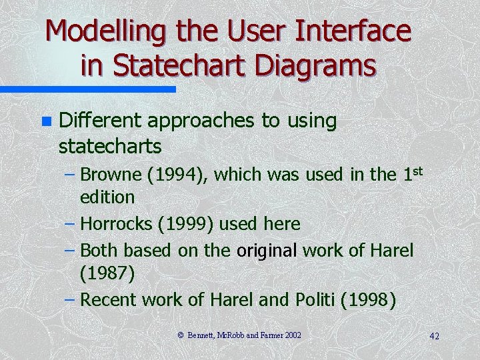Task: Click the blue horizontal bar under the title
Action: pos(87,89)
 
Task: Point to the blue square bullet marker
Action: pos(45,121)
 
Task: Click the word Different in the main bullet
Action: pos(100,121)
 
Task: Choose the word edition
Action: pos(107,197)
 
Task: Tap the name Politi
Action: pos(313,300)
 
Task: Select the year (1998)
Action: pos(368,300)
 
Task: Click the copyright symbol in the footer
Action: pos(181,334)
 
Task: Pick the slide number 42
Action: pos(434,335)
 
